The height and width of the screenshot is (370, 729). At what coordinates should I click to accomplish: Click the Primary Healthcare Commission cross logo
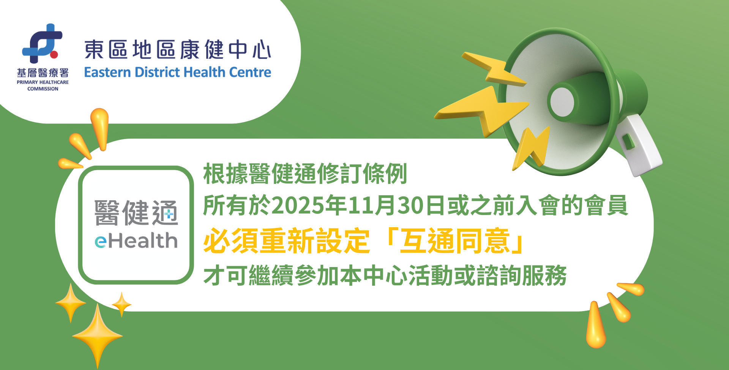[42, 43]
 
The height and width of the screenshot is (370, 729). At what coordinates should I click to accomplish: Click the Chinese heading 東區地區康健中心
[178, 50]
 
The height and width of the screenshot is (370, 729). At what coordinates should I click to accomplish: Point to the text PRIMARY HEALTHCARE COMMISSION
[43, 85]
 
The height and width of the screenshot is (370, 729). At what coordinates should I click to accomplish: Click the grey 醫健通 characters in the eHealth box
[136, 213]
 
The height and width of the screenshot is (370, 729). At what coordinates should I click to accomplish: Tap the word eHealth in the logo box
[136, 241]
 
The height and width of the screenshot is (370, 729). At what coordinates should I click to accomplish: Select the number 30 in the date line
[410, 206]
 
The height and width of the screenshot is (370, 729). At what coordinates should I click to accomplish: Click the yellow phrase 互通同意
[455, 241]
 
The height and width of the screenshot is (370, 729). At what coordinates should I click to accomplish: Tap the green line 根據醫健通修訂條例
[305, 174]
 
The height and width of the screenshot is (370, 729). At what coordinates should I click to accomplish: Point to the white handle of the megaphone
[640, 145]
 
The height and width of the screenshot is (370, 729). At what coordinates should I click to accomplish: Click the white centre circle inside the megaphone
[562, 102]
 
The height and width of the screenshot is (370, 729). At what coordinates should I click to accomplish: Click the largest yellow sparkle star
[97, 336]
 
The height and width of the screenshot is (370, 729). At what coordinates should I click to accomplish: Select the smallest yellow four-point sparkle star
[121, 304]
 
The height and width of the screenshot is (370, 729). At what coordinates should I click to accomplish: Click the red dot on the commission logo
[54, 54]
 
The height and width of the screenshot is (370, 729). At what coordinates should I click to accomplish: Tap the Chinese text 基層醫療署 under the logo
[43, 73]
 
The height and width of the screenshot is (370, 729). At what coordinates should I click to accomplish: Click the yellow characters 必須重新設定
[286, 241]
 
